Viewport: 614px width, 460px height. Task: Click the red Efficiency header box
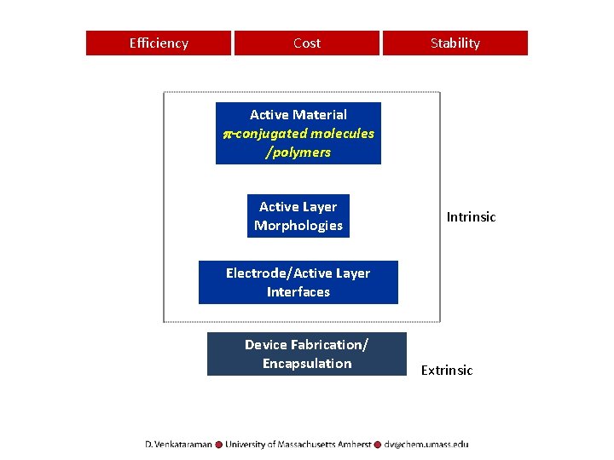[159, 43]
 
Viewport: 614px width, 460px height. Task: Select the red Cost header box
[307, 43]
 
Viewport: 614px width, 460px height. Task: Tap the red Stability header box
[455, 43]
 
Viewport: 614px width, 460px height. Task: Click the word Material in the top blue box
[319, 114]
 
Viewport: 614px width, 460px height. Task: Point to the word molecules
[342, 133]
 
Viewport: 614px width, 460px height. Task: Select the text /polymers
[298, 152]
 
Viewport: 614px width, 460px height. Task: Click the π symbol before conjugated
[227, 134]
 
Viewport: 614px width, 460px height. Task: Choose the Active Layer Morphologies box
[298, 216]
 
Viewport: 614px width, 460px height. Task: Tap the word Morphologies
[298, 226]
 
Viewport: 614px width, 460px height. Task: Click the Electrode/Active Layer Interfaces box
[298, 282]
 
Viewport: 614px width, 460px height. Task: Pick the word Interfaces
[298, 291]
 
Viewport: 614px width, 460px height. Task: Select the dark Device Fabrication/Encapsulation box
[307, 354]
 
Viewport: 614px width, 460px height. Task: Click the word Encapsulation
[307, 364]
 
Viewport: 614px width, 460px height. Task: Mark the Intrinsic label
[471, 217]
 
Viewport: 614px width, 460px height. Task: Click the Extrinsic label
[446, 371]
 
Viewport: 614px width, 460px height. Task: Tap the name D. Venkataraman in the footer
[178, 444]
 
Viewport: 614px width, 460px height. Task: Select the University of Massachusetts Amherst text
[298, 444]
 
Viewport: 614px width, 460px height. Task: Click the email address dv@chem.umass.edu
[426, 444]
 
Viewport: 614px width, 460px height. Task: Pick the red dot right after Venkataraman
[219, 444]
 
